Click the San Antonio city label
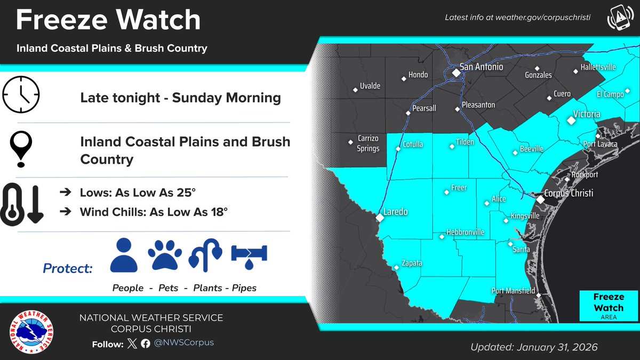tap(481, 68)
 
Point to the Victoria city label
tap(586, 114)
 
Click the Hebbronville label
tap(466, 233)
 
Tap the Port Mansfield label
tap(513, 291)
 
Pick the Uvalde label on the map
tap(371, 86)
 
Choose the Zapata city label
tap(412, 263)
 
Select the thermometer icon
tap(14, 203)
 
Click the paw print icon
tap(165, 255)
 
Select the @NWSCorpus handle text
tap(184, 342)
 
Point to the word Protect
tap(68, 268)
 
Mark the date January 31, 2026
tap(557, 347)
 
